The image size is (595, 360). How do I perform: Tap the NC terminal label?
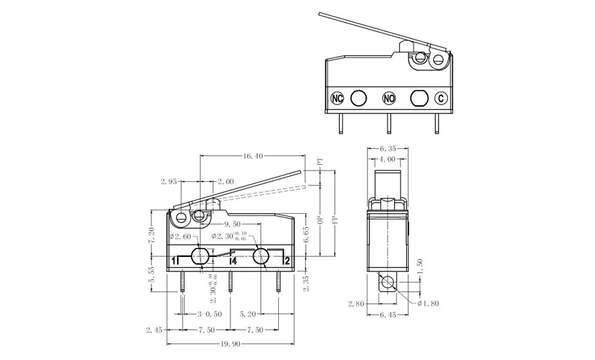[338, 98]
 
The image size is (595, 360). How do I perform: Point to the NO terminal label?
[389, 98]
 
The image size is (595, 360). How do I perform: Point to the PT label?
[320, 161]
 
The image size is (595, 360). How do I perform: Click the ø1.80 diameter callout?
[427, 303]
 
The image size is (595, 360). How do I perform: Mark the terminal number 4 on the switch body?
[234, 261]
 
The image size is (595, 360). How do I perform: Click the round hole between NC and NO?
[358, 98]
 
